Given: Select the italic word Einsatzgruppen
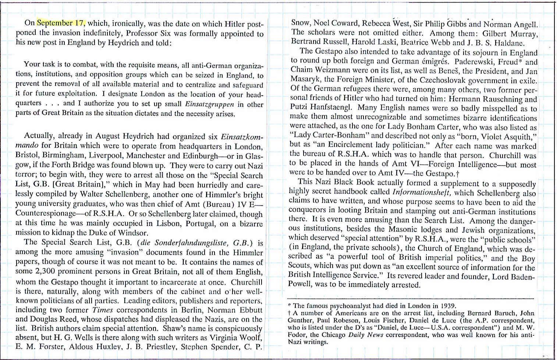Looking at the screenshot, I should (x=210, y=104).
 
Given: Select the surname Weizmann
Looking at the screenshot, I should (x=330, y=70).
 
